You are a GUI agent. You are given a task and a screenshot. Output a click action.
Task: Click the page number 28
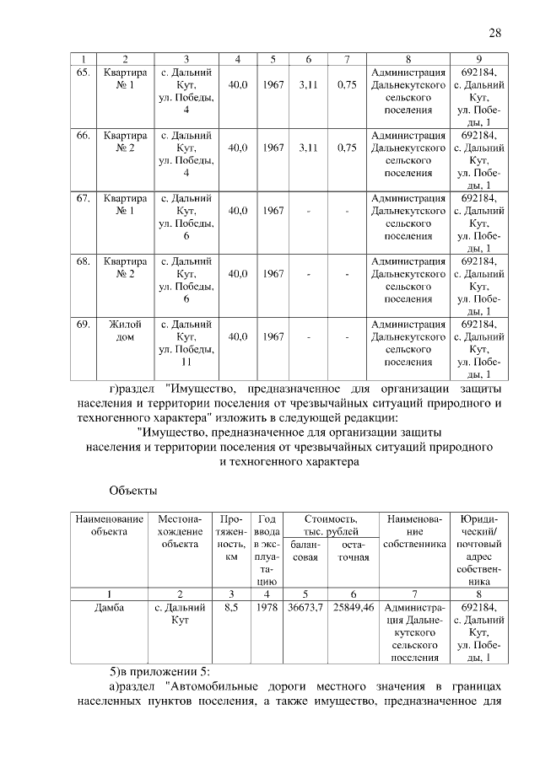pos(495,33)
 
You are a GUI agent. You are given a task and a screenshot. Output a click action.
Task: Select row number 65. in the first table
pos(84,72)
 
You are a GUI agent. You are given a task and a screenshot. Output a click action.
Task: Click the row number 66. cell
pos(84,135)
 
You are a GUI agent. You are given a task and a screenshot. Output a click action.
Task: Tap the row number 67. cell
pos(84,198)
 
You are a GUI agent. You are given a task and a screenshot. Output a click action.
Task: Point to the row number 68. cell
pos(84,261)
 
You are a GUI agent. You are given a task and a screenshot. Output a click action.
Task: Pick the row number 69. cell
pos(84,324)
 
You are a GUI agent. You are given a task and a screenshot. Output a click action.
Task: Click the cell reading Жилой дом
pos(125,330)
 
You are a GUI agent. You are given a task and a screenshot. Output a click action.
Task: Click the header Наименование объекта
pos(109,525)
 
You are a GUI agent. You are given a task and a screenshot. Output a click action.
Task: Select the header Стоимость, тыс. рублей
pos(331,525)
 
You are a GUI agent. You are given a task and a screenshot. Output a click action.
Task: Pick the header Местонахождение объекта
pos(179,532)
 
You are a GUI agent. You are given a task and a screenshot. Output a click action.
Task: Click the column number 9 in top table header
pos(478,58)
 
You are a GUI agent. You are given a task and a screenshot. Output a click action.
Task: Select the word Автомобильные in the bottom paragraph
pos(213,688)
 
